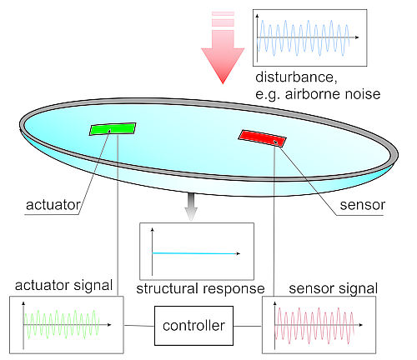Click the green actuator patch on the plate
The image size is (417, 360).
[x=113, y=129]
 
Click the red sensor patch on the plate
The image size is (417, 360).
[x=262, y=138]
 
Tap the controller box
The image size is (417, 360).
[x=193, y=326]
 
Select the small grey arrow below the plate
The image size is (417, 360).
[x=191, y=207]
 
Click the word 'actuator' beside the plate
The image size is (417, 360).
[x=53, y=205]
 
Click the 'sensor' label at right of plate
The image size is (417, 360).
[x=363, y=205]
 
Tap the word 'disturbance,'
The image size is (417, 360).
[x=296, y=77]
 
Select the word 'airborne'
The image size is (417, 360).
[x=313, y=94]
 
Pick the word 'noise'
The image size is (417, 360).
[x=363, y=94]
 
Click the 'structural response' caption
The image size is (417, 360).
[x=200, y=288]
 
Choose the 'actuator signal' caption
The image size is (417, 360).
[x=63, y=286]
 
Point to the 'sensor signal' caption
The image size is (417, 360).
[x=334, y=288]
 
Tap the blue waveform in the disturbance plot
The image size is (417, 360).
[x=304, y=38]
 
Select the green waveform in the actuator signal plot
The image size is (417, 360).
[x=62, y=324]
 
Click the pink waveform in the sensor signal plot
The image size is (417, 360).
[x=314, y=326]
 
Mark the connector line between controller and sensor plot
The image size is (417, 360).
[x=248, y=326]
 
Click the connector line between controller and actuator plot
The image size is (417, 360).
[x=139, y=326]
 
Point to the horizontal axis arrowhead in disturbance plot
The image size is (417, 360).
[x=357, y=37]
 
